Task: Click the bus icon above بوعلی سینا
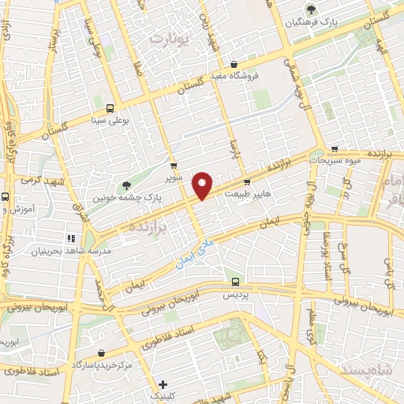(109, 108)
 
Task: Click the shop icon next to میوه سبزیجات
(335, 148)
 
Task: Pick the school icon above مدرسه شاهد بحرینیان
(70, 238)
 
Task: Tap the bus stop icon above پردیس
(234, 281)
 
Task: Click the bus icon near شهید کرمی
(5, 196)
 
